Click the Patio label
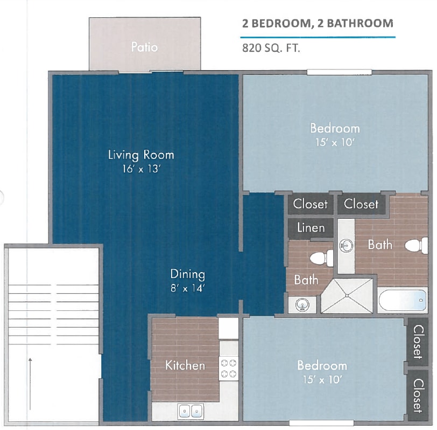(x=144, y=47)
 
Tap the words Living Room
(x=141, y=155)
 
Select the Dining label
(x=187, y=274)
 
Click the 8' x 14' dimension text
(x=187, y=288)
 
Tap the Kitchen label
(x=185, y=365)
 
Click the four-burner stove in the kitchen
(x=228, y=367)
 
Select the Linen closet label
(x=311, y=227)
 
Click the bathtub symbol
(x=402, y=300)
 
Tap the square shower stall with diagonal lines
(x=347, y=295)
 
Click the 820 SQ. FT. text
(x=271, y=47)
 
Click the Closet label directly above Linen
(x=310, y=204)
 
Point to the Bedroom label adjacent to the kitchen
(x=322, y=365)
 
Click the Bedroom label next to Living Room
(x=334, y=128)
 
